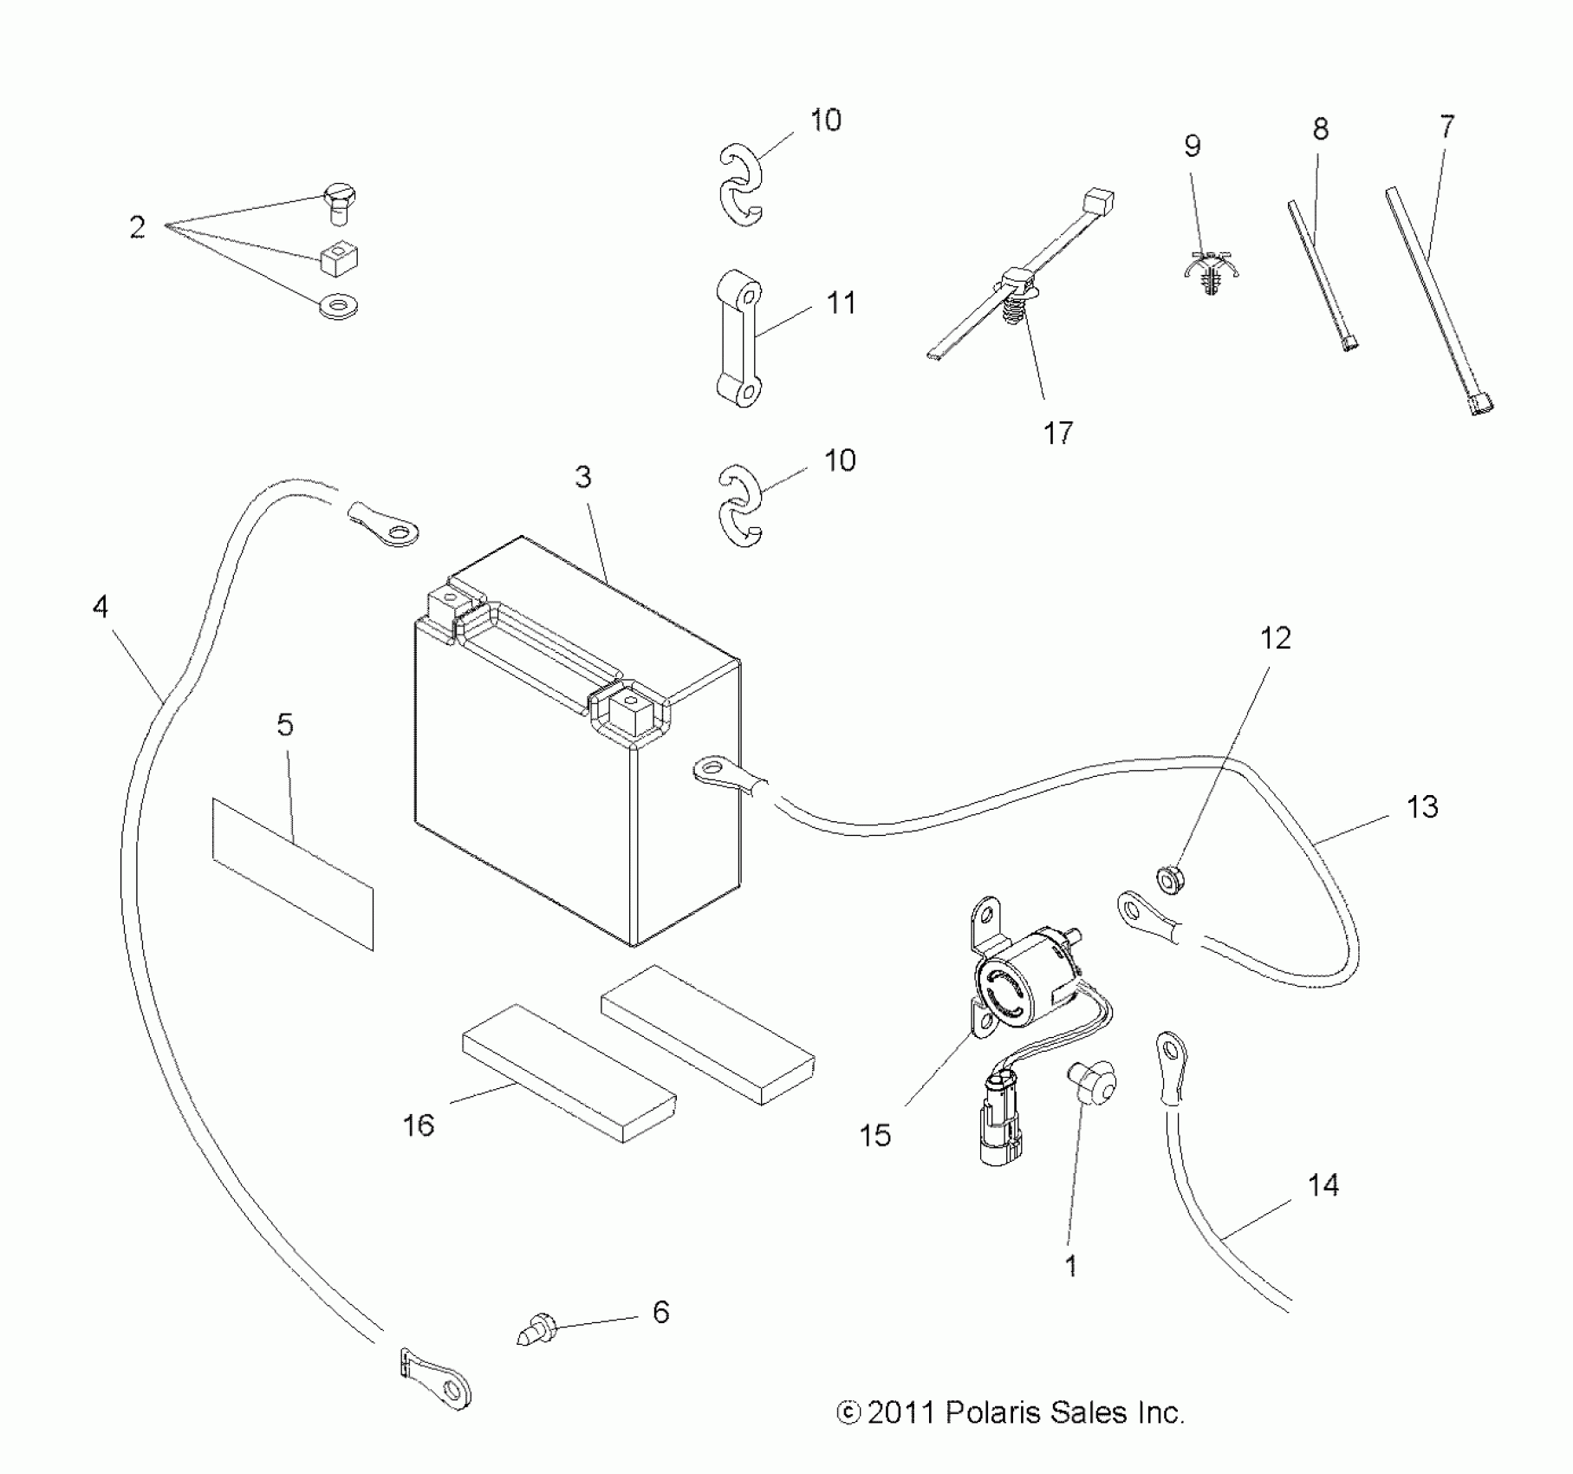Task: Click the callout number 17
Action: pos(1057,432)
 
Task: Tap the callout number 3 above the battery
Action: pos(583,477)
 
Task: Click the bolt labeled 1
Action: pos(1091,1083)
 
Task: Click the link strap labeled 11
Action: pos(738,337)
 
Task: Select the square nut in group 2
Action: pos(341,258)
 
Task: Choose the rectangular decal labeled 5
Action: pos(293,873)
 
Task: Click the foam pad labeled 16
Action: pos(568,1073)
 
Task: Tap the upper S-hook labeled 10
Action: pos(741,186)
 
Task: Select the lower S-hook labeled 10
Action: pos(741,506)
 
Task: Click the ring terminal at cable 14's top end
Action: pos(1171,1057)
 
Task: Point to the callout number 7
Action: pos(1446,127)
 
